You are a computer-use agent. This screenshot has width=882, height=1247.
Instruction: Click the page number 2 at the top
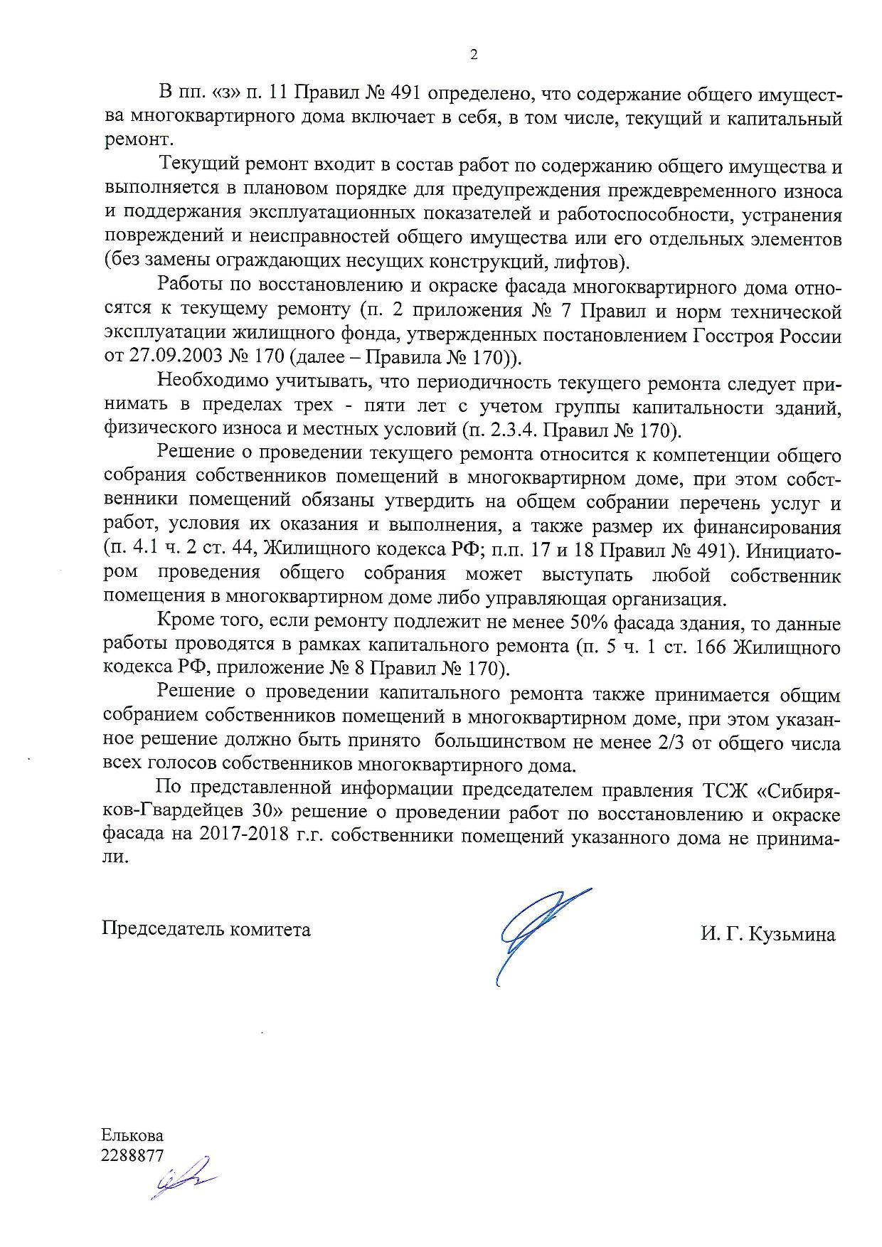pos(474,54)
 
